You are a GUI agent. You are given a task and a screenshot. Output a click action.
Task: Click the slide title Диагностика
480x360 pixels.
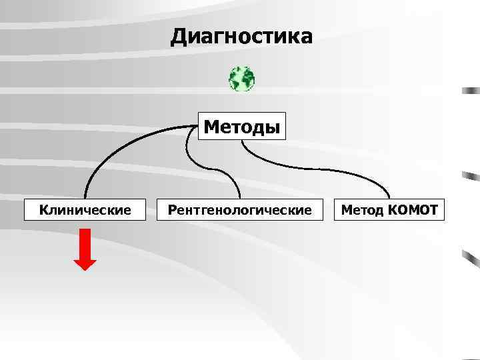tap(241, 37)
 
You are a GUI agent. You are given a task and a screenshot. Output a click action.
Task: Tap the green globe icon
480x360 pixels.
tap(241, 79)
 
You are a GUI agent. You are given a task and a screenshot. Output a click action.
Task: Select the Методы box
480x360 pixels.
tap(242, 126)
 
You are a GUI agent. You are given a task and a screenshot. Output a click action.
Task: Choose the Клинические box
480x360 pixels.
tap(85, 211)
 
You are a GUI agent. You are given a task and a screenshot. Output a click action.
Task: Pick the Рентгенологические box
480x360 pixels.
tap(239, 211)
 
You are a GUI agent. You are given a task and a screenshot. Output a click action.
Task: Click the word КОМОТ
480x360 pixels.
tap(412, 211)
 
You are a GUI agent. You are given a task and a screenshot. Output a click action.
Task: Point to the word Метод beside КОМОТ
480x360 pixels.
tap(362, 211)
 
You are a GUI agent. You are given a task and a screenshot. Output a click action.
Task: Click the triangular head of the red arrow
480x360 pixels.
tap(85, 262)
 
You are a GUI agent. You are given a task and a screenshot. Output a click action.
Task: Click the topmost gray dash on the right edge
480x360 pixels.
tap(471, 89)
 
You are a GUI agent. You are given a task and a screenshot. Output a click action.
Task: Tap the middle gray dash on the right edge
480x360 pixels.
tap(471, 176)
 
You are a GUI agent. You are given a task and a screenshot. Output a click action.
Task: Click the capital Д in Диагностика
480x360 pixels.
tap(179, 37)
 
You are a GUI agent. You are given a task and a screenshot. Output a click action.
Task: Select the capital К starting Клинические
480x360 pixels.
tap(44, 211)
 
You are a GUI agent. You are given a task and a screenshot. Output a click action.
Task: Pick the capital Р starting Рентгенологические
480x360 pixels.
tap(172, 211)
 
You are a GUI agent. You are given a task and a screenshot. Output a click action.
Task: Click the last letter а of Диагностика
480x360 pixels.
tap(305, 37)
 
